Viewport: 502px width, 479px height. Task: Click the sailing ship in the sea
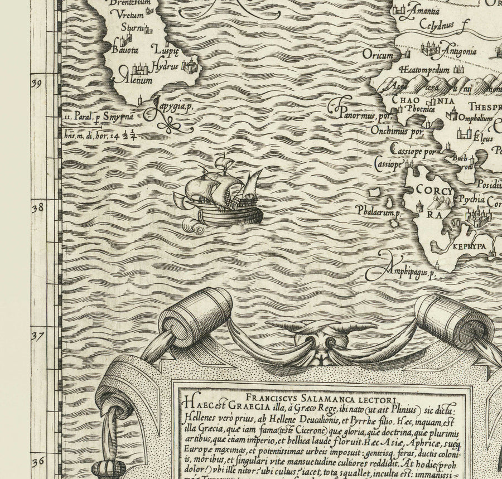pos(220,192)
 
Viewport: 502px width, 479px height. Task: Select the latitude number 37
pos(37,336)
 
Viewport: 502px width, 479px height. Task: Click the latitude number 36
pos(37,461)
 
